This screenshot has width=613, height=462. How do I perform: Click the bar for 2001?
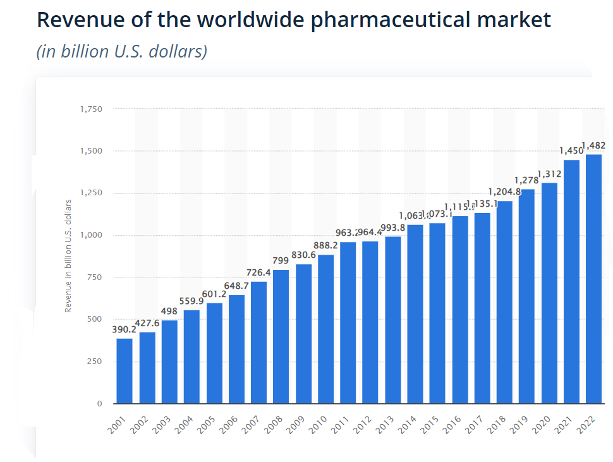pos(124,371)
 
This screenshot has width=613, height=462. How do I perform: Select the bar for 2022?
pos(593,279)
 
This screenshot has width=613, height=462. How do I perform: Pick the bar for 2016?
pos(459,310)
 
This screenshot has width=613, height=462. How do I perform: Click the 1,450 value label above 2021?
pos(571,151)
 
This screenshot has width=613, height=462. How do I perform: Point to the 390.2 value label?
pos(124,329)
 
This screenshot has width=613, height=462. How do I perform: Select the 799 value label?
pos(281,260)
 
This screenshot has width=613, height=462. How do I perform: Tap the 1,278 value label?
pos(526,180)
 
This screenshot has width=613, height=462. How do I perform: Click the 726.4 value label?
pos(258,272)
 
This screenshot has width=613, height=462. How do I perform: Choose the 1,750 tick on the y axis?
pos(91,109)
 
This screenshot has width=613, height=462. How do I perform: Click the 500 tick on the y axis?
pos(95,319)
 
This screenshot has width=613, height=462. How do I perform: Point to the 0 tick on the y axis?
pos(99,403)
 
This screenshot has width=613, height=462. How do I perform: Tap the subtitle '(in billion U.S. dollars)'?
pos(122,51)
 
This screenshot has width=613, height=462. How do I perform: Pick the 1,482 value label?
pos(594,145)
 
